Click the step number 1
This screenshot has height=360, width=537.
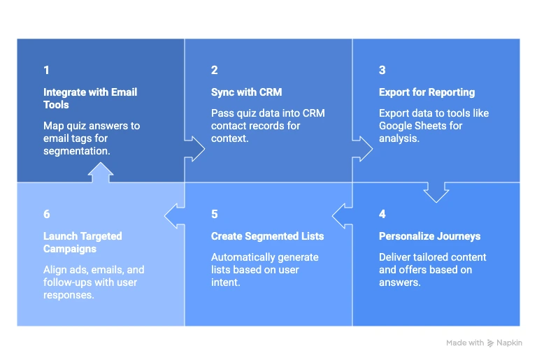[x=46, y=70]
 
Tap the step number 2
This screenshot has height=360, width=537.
[x=214, y=70]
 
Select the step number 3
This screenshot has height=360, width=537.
[x=382, y=70]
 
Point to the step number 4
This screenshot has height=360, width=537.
[x=382, y=214]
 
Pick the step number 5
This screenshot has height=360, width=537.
[x=215, y=214]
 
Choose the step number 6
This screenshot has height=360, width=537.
[x=47, y=214]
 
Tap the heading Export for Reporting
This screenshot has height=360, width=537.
[x=427, y=92]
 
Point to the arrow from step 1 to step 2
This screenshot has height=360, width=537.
[x=194, y=148]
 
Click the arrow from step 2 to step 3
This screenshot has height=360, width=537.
[x=362, y=148]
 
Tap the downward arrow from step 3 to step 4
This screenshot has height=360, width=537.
[x=436, y=192]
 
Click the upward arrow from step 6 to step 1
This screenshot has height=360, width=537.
[x=101, y=173]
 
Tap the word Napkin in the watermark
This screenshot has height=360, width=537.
[x=509, y=343]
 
